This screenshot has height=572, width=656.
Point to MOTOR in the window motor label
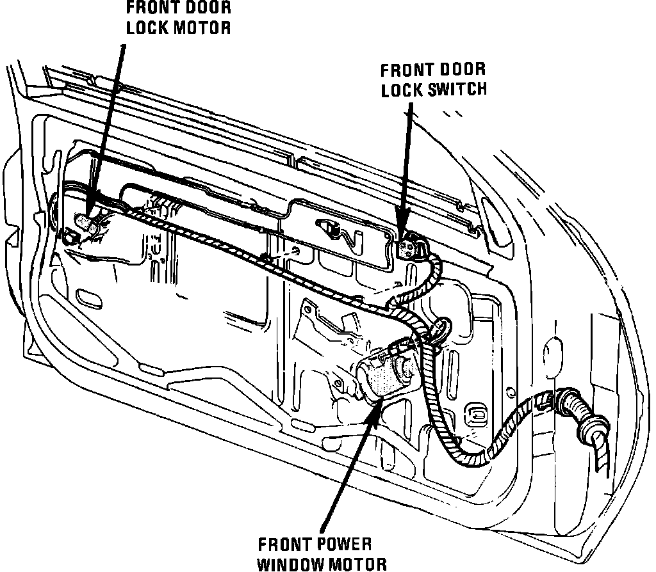click(x=365, y=564)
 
